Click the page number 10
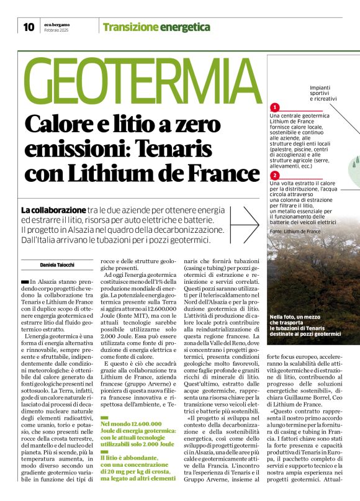point(28,27)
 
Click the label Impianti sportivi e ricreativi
point(323,94)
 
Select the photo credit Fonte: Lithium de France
point(295,231)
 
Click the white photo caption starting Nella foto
point(305,325)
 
